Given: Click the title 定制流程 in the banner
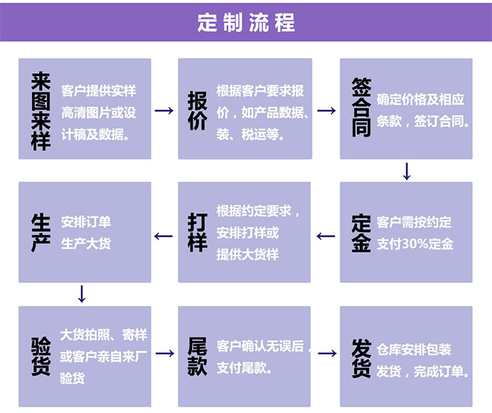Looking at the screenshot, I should click(x=246, y=22).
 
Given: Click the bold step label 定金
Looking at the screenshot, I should click(x=361, y=233).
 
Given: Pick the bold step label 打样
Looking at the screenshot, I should click(x=198, y=233).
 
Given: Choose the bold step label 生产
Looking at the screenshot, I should click(x=41, y=233).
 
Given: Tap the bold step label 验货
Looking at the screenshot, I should click(x=41, y=356).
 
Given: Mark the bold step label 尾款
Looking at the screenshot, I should click(x=198, y=356).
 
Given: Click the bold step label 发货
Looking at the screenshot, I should click(x=361, y=356).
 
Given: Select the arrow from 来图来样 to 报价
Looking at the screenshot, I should click(x=164, y=110).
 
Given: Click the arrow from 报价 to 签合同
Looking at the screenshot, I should click(x=326, y=110).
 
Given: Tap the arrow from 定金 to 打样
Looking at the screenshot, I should click(x=326, y=236).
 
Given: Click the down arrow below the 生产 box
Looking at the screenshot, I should click(x=82, y=293).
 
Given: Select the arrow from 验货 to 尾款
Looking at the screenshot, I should click(x=164, y=354).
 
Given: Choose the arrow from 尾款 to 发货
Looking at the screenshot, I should click(x=326, y=354).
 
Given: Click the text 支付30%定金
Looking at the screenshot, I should click(x=415, y=244).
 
